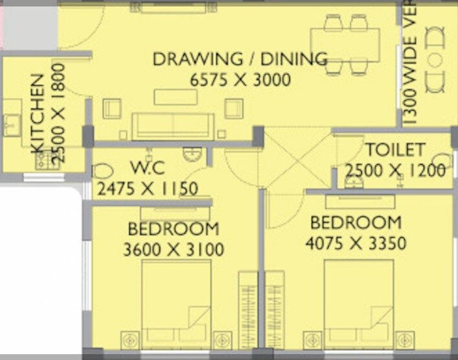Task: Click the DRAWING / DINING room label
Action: pos(240,59)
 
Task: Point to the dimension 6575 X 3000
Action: pos(240,80)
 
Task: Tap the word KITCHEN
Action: pos(38,113)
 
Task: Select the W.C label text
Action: pos(148,168)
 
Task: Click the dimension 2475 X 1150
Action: pos(147,190)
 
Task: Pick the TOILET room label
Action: pos(395,150)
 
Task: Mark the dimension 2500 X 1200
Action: pos(395,171)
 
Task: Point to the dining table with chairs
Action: pos(345,44)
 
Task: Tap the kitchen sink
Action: pos(11,124)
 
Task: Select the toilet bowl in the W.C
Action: pos(103,171)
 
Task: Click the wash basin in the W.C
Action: pos(192,153)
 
